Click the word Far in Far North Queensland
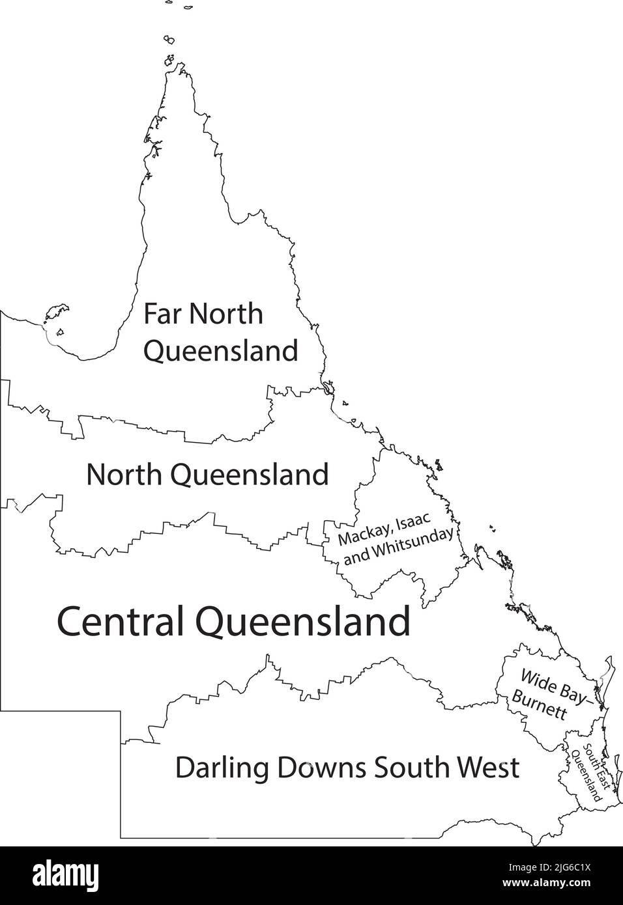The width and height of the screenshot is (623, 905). click(x=162, y=314)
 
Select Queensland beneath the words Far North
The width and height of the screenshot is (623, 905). click(x=220, y=352)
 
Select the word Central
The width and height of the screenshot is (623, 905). click(x=123, y=622)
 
